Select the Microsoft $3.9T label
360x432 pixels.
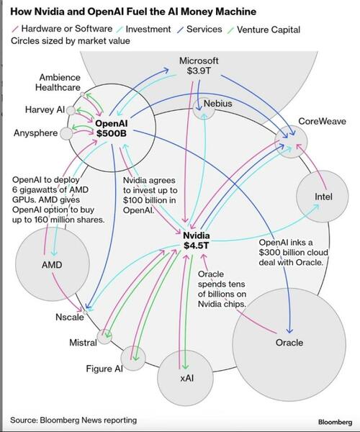point(199,66)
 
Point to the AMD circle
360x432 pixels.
point(51,265)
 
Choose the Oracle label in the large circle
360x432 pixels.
point(289,343)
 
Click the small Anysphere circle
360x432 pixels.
point(66,133)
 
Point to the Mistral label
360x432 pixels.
point(83,343)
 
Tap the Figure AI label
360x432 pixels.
point(104,369)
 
